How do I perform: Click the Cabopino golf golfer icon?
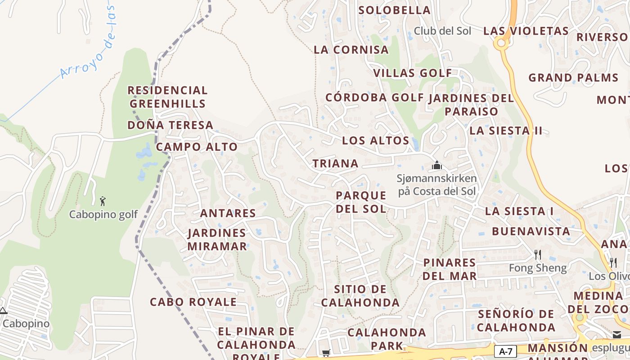(103, 201)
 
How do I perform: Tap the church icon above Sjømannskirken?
(436, 165)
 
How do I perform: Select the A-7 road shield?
(505, 351)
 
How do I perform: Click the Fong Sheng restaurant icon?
(537, 255)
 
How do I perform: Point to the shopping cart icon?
(326, 353)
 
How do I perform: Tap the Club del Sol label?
(442, 31)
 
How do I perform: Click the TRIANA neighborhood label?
(336, 164)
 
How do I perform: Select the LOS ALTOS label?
(375, 140)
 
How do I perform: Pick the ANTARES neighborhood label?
(228, 213)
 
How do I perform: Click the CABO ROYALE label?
(193, 302)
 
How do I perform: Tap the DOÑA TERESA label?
(170, 125)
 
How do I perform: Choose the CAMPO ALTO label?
(197, 147)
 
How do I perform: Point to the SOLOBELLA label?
(394, 10)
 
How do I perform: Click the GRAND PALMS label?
(573, 78)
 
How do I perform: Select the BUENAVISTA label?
(531, 232)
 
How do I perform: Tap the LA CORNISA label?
(351, 50)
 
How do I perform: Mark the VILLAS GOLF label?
(412, 73)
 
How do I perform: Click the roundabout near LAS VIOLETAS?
(500, 43)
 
